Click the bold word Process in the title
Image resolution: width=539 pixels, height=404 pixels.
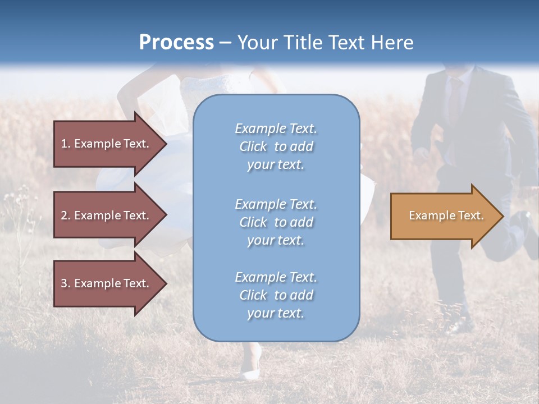[x=176, y=42]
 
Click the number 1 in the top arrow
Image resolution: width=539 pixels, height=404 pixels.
[x=64, y=144]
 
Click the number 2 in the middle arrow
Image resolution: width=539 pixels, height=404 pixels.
[x=64, y=215]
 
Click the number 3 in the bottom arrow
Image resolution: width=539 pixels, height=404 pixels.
[x=64, y=283]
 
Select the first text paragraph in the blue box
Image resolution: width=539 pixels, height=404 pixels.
[x=276, y=146]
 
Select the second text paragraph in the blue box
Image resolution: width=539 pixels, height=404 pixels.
[x=276, y=222]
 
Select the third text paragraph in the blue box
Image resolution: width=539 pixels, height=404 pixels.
[x=276, y=295]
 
